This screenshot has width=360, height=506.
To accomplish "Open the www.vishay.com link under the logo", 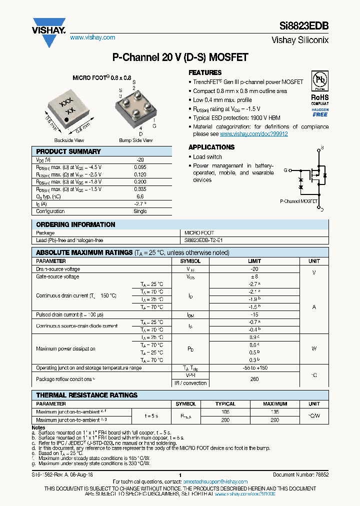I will [x=92, y=37].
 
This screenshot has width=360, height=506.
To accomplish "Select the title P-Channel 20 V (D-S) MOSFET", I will [x=180, y=57].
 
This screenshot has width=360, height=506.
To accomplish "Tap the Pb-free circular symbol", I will [x=320, y=80].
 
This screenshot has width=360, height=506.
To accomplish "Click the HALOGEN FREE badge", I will [x=320, y=112].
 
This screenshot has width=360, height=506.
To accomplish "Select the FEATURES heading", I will [x=205, y=72].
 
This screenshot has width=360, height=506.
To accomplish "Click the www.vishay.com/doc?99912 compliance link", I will [x=253, y=134].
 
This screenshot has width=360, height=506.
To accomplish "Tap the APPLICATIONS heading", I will [x=211, y=147].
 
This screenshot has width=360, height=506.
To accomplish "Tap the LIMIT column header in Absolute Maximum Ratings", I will [x=254, y=261].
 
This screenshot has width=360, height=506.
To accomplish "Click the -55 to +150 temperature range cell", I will [x=254, y=367].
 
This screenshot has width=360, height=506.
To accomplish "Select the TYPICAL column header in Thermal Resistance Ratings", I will [x=225, y=403].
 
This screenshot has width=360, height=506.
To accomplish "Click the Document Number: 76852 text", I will [x=300, y=475].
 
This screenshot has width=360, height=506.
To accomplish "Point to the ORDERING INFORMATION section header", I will [x=75, y=224].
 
